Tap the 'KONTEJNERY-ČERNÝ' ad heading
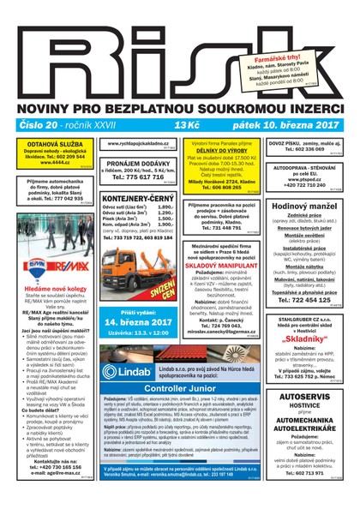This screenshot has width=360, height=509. coord(138,198)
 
